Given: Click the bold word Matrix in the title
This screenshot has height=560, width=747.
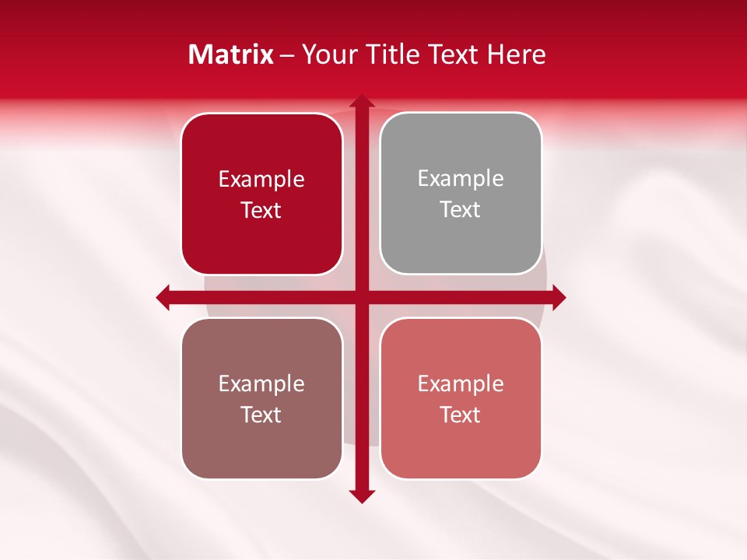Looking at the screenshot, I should click(231, 54).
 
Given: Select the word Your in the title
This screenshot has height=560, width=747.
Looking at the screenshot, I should click(325, 54).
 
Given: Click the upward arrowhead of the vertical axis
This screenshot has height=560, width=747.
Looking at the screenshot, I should click(361, 101).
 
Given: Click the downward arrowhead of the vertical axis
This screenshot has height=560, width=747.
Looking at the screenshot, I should click(361, 496).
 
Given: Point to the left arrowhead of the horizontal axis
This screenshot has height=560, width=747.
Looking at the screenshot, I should click(163, 296).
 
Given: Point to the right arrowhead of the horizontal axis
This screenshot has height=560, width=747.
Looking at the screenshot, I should click(559, 296).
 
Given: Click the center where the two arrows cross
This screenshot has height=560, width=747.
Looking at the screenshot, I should click(361, 296).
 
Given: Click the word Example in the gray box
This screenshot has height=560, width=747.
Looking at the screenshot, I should click(461, 179).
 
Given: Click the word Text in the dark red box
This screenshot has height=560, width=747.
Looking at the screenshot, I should click(261, 211).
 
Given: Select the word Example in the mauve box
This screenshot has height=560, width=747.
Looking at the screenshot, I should click(261, 383).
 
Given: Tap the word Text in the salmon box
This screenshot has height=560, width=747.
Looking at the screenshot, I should click(461, 415).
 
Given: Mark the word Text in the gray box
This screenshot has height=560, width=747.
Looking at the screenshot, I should click(461, 210).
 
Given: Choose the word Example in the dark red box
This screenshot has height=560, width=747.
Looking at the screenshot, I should click(261, 180).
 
